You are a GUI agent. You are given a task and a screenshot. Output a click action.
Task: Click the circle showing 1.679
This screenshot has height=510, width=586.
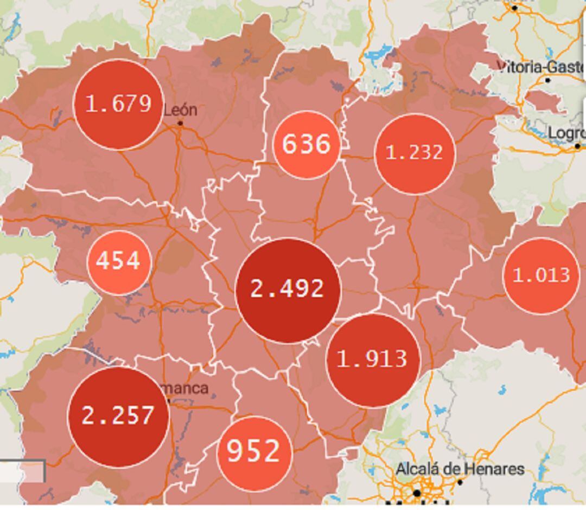[118, 104]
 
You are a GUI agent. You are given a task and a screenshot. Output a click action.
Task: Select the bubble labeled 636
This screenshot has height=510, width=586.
[307, 145]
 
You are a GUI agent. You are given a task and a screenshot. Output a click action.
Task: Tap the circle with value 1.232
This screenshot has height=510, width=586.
[415, 153]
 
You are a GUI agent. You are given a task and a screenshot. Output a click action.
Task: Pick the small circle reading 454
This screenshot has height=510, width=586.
[118, 262]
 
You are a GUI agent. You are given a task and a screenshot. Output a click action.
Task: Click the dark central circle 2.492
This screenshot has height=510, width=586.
[288, 290]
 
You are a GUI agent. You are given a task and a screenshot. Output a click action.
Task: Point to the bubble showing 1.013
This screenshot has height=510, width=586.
[541, 276]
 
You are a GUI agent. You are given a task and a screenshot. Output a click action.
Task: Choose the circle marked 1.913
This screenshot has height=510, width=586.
[373, 359]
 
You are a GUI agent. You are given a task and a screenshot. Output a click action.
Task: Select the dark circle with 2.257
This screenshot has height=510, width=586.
[118, 416]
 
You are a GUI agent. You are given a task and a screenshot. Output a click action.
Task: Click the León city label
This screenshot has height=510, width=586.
[180, 110]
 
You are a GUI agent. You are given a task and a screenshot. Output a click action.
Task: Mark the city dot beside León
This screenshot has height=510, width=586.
[180, 123]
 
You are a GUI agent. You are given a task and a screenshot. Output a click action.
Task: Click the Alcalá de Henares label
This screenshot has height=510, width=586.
[460, 469]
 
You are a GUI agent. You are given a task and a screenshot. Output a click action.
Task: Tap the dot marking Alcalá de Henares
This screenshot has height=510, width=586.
[460, 482]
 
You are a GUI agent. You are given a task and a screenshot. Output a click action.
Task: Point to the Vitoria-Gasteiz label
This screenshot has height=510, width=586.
[540, 67]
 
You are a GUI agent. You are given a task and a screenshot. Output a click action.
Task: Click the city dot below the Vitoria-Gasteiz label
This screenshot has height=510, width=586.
[548, 80]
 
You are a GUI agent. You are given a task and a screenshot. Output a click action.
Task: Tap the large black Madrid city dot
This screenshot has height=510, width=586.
[417, 493]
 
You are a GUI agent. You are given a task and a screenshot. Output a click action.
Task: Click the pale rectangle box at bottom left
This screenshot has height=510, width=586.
[22, 472]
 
